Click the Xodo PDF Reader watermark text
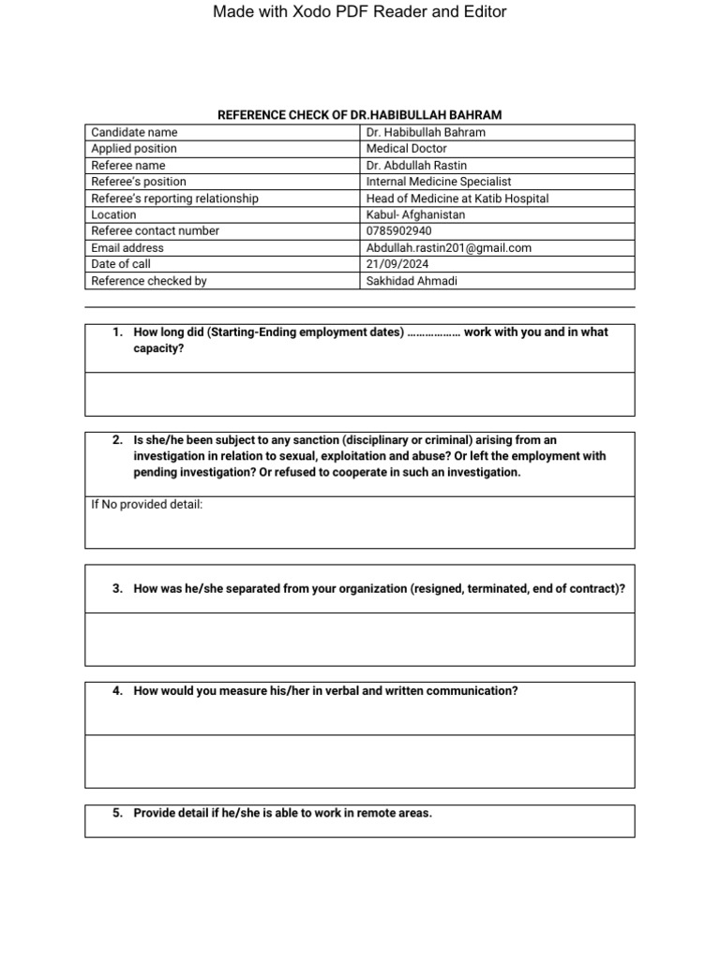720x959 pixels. click(x=359, y=12)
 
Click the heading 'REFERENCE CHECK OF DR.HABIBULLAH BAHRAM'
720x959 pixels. click(x=359, y=115)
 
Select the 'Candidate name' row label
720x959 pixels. click(x=134, y=132)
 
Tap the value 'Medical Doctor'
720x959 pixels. click(x=406, y=149)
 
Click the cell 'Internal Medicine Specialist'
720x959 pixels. click(x=439, y=182)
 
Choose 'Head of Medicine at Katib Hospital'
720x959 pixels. click(x=457, y=199)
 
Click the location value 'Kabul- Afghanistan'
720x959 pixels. click(x=415, y=214)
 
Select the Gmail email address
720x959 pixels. click(x=448, y=248)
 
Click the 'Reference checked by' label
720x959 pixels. click(x=148, y=281)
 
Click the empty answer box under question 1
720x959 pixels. click(x=359, y=393)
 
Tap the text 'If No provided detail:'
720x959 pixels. click(x=146, y=505)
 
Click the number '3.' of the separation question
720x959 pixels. click(x=118, y=589)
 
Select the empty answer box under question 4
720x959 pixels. click(x=359, y=760)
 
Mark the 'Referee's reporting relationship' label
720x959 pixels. click(x=174, y=199)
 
